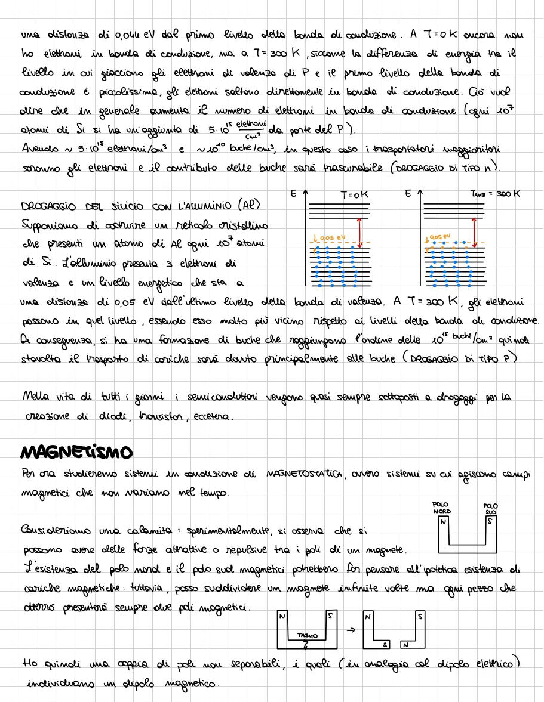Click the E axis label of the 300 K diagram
click(407, 194)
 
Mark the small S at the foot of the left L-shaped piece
click(385, 645)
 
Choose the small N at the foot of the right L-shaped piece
click(405, 645)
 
